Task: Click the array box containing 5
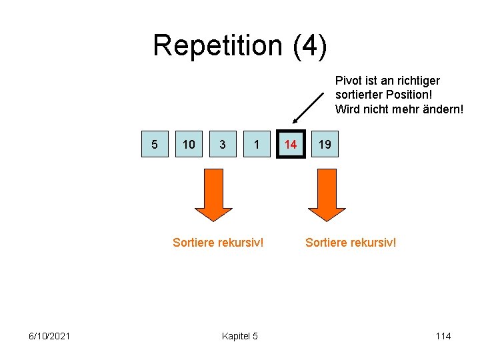[x=155, y=144]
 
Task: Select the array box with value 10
[x=189, y=144]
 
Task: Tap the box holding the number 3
[x=223, y=144]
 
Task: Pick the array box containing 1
[x=257, y=144]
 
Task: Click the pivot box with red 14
[x=291, y=144]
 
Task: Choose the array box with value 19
[x=325, y=144]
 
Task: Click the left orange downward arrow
[x=213, y=194]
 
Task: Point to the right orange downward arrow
[x=327, y=194]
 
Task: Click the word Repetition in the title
[x=217, y=45]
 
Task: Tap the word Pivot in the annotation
[x=348, y=81]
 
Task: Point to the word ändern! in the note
[x=443, y=109]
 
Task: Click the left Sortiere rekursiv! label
[x=218, y=242]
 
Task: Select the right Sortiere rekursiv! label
[x=351, y=242]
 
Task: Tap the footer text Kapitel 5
[x=239, y=336]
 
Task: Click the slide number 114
[x=443, y=336]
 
